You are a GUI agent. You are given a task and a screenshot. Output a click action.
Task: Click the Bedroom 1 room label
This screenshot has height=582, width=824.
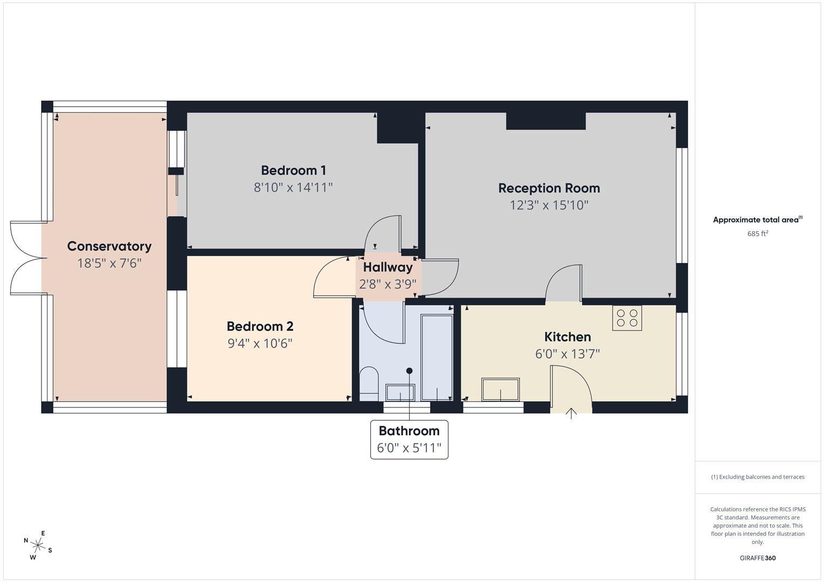click(x=293, y=170)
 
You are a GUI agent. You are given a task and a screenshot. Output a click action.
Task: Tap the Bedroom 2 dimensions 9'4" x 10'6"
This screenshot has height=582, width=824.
click(x=260, y=343)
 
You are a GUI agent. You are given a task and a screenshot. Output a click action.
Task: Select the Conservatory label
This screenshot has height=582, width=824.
click(x=109, y=246)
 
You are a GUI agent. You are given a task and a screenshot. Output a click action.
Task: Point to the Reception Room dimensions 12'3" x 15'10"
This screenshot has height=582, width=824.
click(x=549, y=205)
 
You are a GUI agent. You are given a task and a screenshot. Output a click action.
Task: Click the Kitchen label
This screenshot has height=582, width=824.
click(x=567, y=337)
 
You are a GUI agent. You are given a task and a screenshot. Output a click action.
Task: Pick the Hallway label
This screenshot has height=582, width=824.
click(x=387, y=267)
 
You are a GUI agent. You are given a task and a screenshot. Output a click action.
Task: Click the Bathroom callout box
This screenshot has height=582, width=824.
click(x=409, y=439)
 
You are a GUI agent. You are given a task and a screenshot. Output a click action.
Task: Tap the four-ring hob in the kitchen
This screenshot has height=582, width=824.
click(x=626, y=318)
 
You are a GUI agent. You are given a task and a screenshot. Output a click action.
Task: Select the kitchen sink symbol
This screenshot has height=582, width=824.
click(x=500, y=390)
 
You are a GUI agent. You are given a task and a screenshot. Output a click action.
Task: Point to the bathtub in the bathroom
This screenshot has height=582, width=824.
click(x=437, y=357)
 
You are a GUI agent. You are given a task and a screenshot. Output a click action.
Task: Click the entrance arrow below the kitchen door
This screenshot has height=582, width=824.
click(x=571, y=413)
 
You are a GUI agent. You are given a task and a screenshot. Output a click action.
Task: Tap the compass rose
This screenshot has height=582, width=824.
click(x=38, y=545)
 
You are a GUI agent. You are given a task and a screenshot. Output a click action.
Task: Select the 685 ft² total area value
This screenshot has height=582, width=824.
click(x=758, y=234)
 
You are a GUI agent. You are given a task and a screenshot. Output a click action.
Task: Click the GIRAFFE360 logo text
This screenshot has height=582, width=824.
click(x=758, y=558)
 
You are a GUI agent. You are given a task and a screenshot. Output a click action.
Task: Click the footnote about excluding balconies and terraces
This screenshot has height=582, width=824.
click(x=758, y=477)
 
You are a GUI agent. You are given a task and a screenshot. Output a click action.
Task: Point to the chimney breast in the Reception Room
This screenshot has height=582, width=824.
click(x=546, y=121)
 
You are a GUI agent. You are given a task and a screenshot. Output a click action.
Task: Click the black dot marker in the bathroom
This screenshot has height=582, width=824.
click(x=409, y=371)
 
